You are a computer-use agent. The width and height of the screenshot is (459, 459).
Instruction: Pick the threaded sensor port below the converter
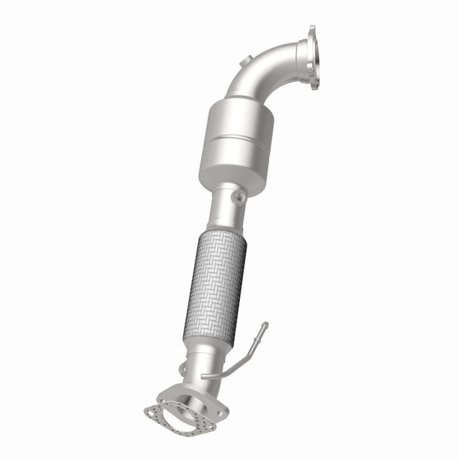pos(238,196)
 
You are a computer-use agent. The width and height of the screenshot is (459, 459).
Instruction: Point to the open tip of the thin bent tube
pos(266,324)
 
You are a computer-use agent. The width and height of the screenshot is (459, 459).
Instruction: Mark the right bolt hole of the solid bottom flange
pos(222,413)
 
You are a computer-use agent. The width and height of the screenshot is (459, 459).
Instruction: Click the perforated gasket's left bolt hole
pos(150,412)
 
